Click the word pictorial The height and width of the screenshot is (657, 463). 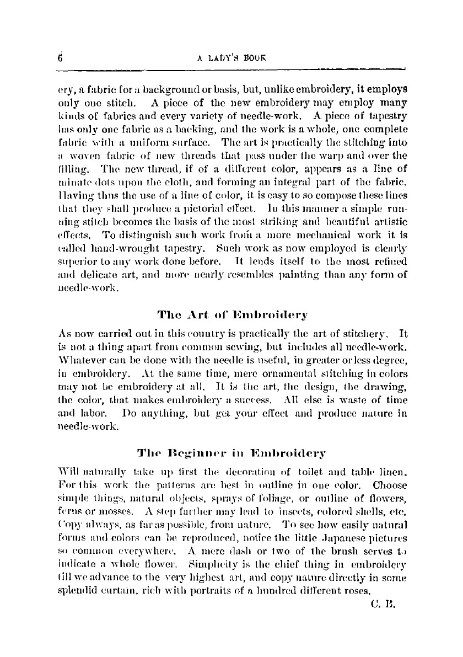tap(210, 210)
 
